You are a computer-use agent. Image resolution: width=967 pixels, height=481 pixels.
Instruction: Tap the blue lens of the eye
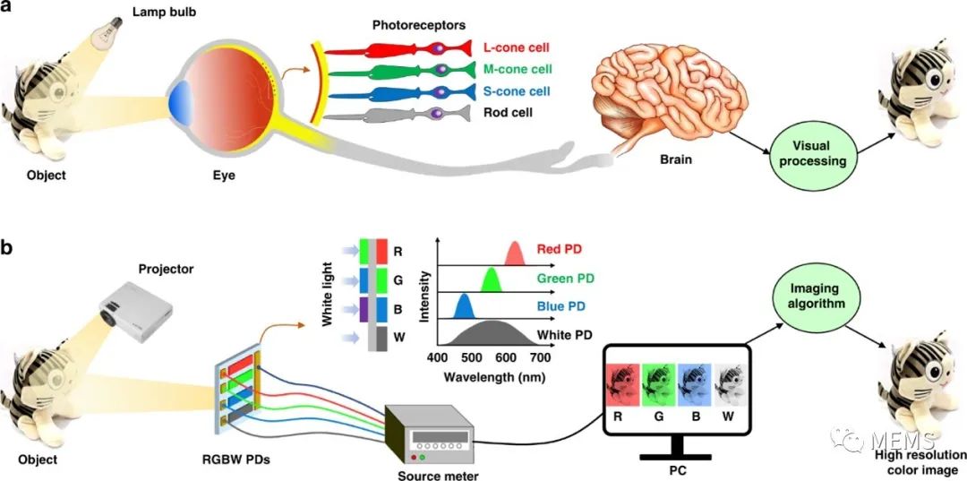click(179, 101)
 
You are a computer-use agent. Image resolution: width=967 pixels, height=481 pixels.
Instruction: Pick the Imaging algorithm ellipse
click(807, 295)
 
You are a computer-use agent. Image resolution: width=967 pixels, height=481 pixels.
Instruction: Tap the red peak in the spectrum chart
click(515, 253)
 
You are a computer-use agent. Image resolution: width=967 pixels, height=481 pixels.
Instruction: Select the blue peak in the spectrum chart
click(463, 305)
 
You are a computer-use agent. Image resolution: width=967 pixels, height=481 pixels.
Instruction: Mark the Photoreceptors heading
click(419, 25)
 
